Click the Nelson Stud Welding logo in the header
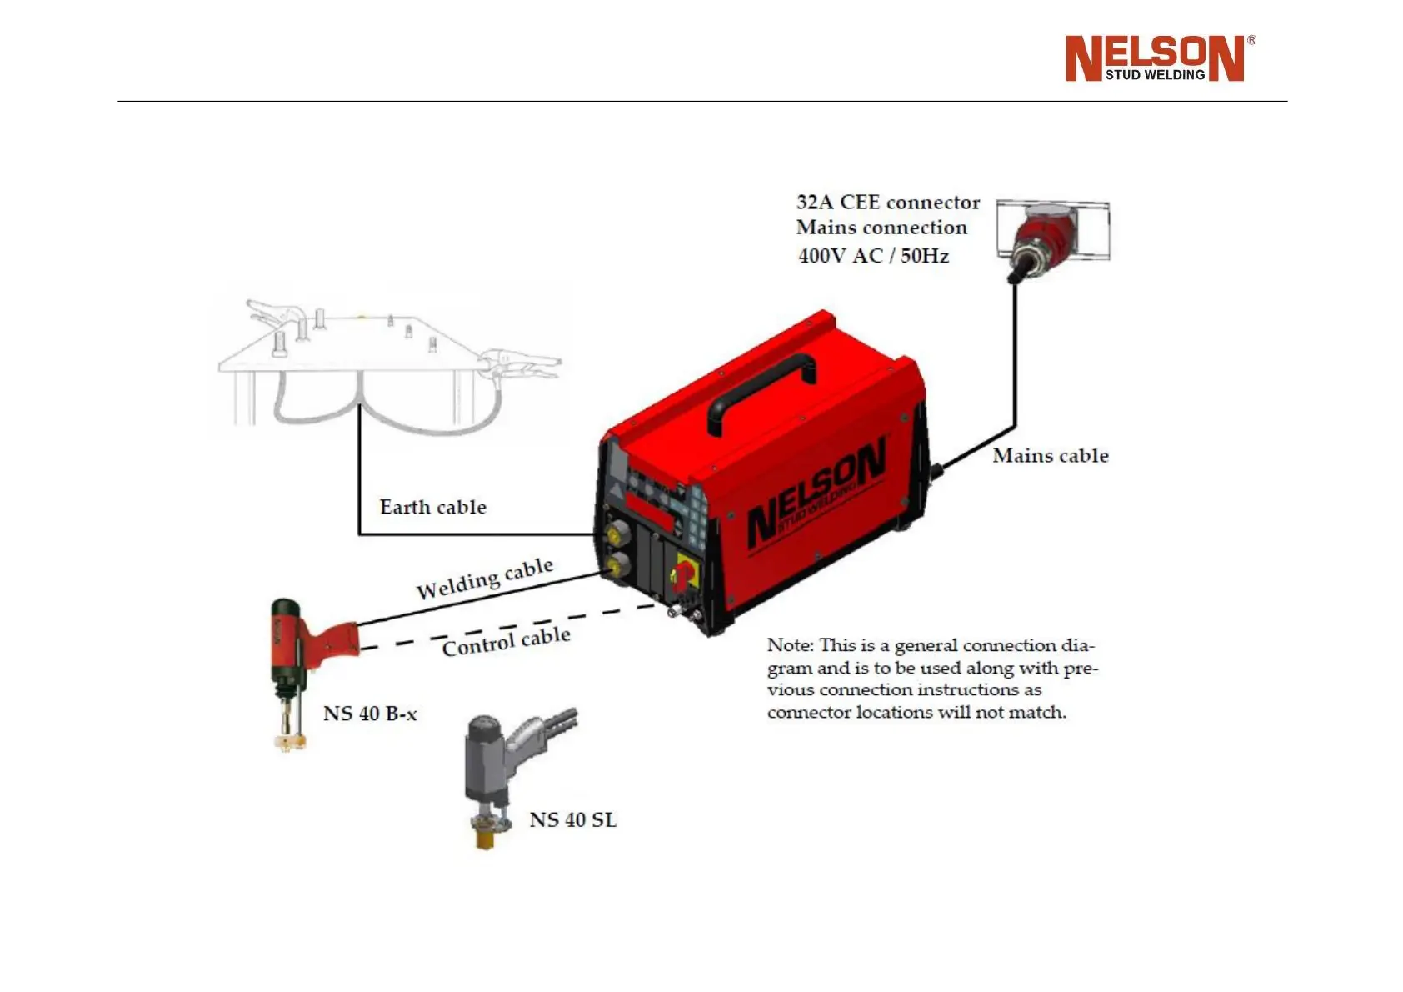coord(1159,58)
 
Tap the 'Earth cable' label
coord(432,507)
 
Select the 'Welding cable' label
coord(484,579)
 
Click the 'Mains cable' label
coord(1050,456)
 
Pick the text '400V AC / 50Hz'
coord(873,256)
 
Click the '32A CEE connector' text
coord(887,203)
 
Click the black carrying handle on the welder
coord(761,392)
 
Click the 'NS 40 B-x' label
coord(370,714)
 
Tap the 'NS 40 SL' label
coord(573,820)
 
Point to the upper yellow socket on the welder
coord(617,532)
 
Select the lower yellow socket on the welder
coord(617,568)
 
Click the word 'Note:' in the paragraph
coord(790,645)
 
